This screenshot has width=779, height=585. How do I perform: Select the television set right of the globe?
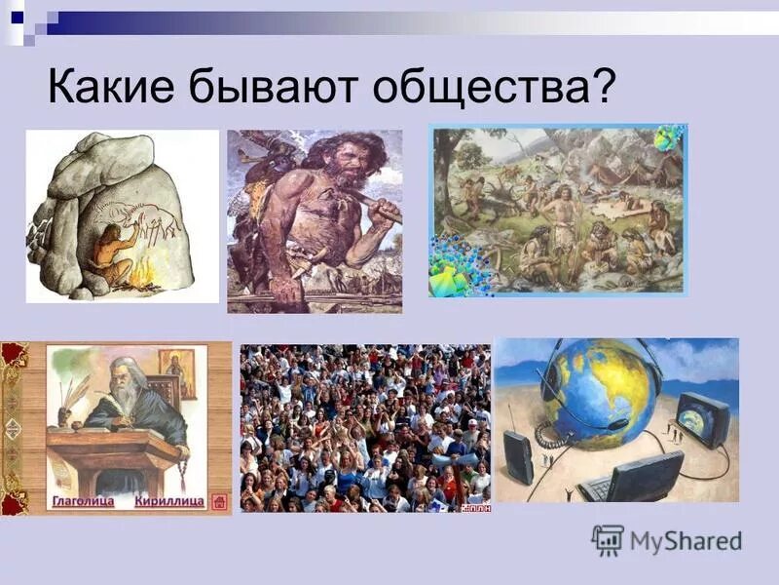[x=701, y=419]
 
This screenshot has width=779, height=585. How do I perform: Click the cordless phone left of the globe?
[x=518, y=456]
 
